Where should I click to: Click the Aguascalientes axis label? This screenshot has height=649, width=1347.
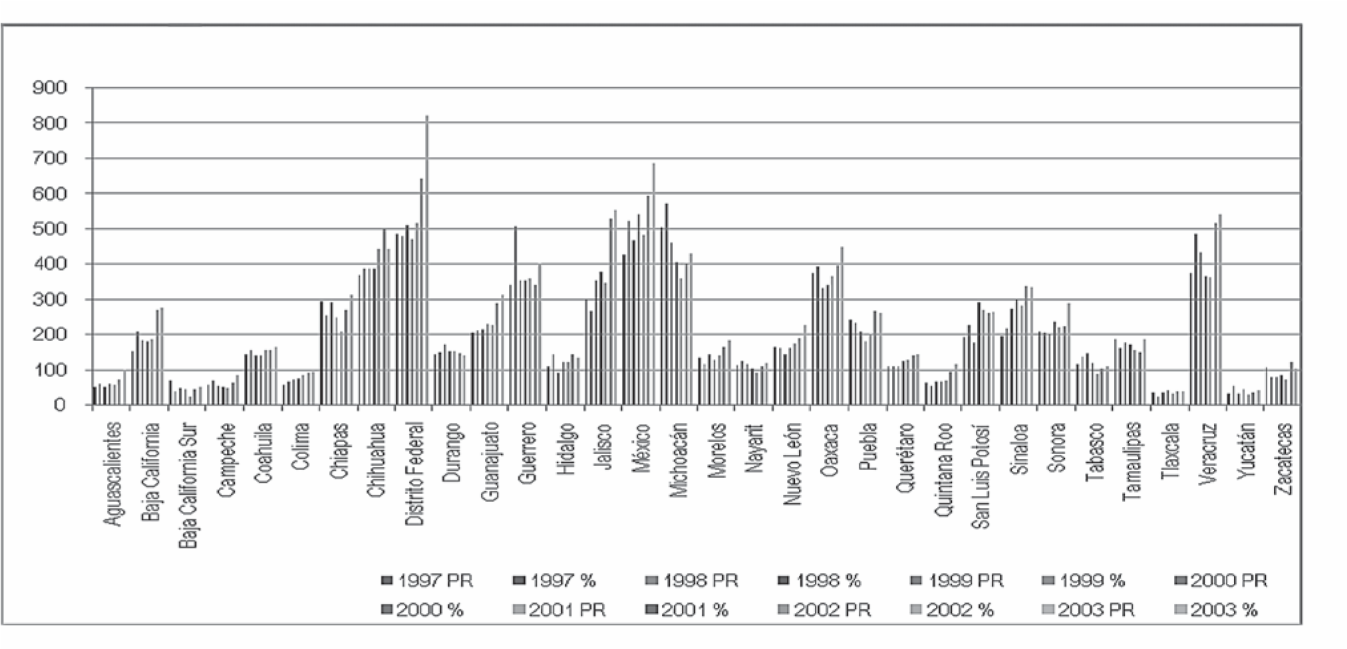114,474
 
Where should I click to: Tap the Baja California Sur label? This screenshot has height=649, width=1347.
190,485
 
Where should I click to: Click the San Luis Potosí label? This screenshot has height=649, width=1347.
981,476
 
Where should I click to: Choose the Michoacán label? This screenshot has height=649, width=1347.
680,460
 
